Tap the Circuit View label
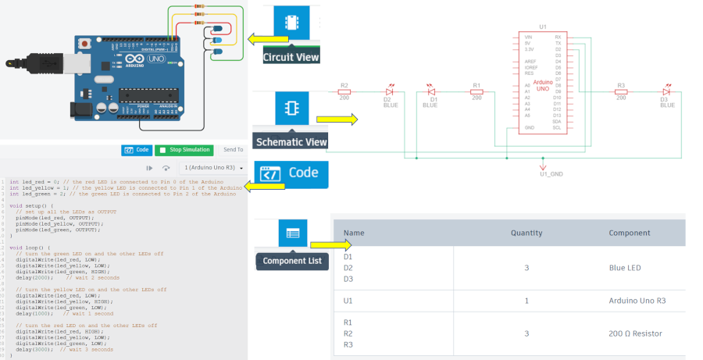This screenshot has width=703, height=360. click(x=291, y=58)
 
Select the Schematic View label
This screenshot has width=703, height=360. click(x=292, y=141)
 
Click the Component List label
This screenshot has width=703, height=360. click(x=291, y=262)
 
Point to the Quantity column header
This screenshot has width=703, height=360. click(x=526, y=233)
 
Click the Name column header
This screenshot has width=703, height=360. click(x=354, y=233)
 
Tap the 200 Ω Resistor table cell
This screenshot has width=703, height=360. click(x=635, y=333)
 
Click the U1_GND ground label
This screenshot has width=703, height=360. click(x=551, y=174)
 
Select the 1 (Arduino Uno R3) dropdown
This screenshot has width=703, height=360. click(x=213, y=168)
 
